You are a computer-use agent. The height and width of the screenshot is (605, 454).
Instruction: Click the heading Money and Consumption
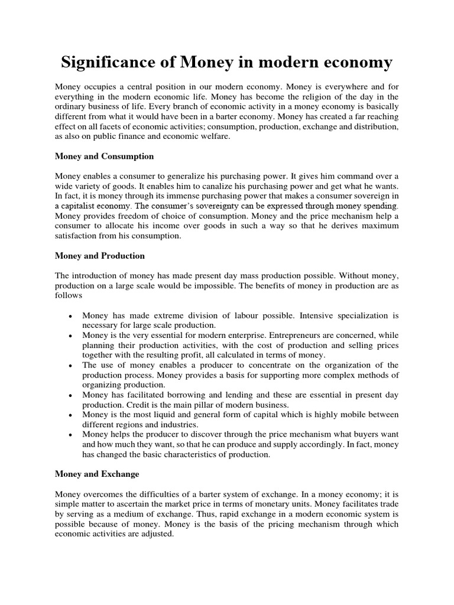pos(104,157)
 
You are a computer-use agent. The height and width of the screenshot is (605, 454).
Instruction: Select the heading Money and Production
pos(99,256)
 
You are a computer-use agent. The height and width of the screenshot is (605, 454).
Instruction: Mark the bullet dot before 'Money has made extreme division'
pos(71,317)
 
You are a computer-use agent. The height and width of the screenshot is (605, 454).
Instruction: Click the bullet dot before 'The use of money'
pos(71,365)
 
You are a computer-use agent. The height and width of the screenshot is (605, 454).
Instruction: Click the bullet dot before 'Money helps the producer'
pos(71,434)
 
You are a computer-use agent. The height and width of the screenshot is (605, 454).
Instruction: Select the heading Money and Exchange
pos(97,474)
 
